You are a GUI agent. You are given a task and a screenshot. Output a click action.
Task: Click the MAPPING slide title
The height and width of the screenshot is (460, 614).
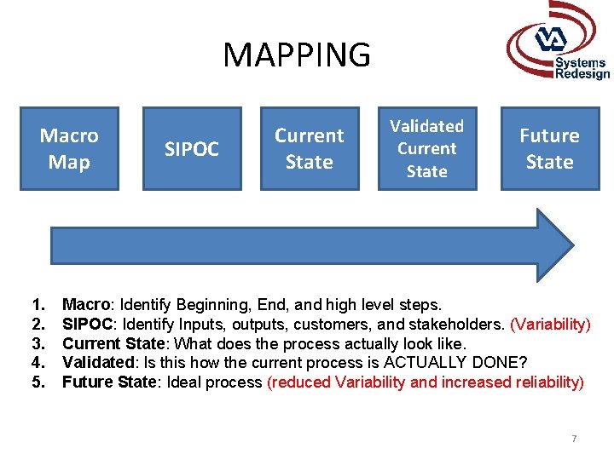pyautogui.click(x=297, y=55)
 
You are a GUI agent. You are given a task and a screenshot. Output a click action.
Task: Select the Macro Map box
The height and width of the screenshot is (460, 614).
pyautogui.click(x=69, y=148)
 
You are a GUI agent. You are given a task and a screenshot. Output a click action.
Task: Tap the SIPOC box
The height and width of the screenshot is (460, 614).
pyautogui.click(x=192, y=150)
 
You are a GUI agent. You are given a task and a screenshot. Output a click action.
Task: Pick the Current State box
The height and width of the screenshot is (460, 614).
pyautogui.click(x=309, y=148)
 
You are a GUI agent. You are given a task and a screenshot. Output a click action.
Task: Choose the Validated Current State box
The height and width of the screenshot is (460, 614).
pyautogui.click(x=426, y=148)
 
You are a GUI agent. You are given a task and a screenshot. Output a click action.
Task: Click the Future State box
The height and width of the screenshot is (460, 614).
pyautogui.click(x=549, y=148)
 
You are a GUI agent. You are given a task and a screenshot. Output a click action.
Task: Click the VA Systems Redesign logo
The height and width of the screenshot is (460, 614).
pyautogui.click(x=559, y=44)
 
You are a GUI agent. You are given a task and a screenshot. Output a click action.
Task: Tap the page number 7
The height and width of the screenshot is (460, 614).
pyautogui.click(x=574, y=439)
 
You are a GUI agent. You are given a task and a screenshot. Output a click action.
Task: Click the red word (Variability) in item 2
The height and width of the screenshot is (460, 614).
pyautogui.click(x=550, y=324)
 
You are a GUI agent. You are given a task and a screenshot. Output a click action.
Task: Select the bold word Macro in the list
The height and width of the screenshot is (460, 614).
pyautogui.click(x=87, y=304)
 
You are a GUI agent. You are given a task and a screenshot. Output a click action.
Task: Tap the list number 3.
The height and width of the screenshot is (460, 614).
pyautogui.click(x=38, y=343)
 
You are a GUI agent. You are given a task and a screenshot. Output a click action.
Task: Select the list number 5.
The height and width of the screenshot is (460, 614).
pyautogui.click(x=38, y=382)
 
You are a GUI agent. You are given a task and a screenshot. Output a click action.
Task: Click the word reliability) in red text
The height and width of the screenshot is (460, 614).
pyautogui.click(x=550, y=382)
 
